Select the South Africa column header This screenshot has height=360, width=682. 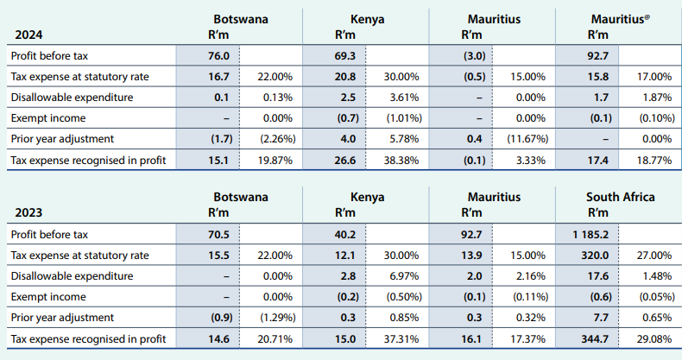[620, 198]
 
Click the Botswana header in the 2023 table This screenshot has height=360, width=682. [241, 198]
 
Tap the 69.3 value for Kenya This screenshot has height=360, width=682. [344, 56]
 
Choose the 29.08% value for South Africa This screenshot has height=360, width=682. [654, 338]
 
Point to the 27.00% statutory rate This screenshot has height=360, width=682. [654, 256]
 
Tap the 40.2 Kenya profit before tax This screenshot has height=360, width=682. [345, 234]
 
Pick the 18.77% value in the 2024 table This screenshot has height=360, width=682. [654, 160]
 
